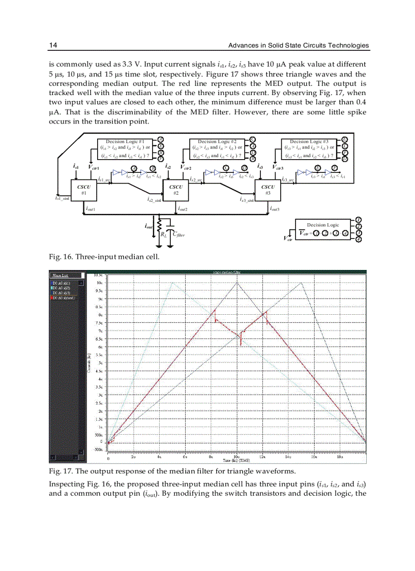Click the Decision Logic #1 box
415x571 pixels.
[125, 148]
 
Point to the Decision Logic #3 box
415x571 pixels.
[309, 148]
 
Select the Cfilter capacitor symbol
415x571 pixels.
[171, 227]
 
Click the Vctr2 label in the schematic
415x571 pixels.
[187, 167]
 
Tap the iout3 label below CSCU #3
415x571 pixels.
[275, 209]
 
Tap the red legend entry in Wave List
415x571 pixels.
[63, 298]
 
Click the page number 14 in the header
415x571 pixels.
[52, 46]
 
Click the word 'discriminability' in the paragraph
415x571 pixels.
[132, 112]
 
